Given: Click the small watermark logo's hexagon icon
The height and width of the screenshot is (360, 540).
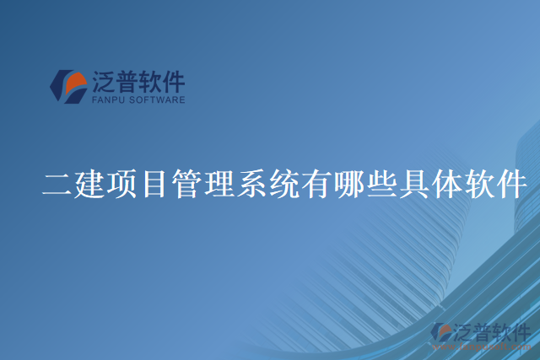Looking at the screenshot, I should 442,333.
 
